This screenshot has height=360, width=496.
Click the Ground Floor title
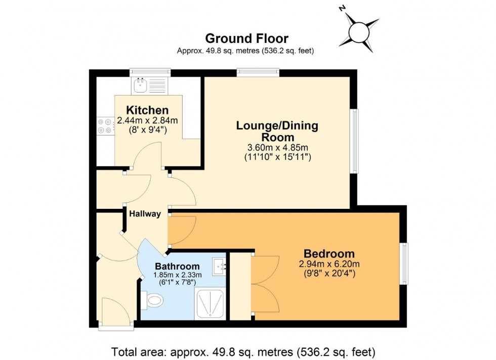point(246,38)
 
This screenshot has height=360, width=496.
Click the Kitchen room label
point(147,110)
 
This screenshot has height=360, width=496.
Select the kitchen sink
point(140,85)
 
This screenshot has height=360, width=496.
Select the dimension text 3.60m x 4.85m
point(277,147)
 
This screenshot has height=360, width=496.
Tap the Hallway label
point(145,214)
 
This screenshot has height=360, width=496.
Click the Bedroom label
point(329,254)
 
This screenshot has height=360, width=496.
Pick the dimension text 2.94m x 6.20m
point(329,264)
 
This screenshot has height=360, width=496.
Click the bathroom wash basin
point(219,265)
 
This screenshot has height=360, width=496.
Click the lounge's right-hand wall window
point(355,142)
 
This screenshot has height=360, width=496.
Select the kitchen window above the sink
point(150,72)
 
